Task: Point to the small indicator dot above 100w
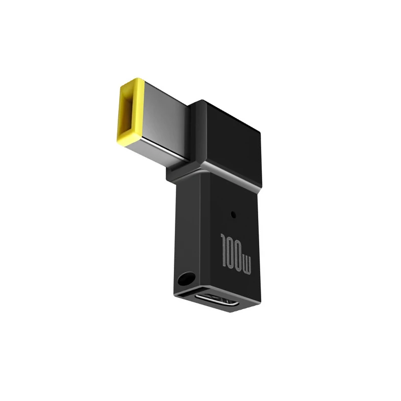(x=233, y=215)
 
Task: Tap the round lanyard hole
(x=186, y=279)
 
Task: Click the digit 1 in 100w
(x=224, y=249)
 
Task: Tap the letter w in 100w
(x=246, y=266)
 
